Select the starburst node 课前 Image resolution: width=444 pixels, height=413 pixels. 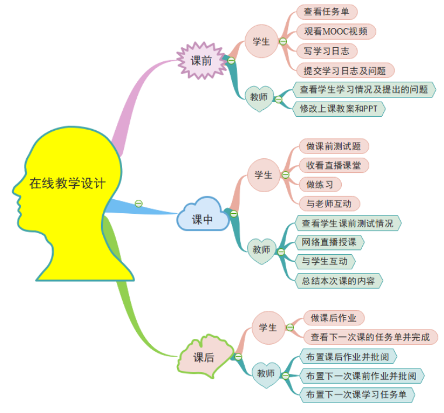pos(202,60)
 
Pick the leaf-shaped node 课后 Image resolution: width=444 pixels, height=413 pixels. pos(204,356)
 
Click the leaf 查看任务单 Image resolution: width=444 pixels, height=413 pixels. pos(327,12)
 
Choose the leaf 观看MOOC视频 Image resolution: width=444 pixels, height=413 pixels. pos(336,32)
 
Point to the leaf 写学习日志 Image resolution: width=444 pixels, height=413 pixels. pos(327,51)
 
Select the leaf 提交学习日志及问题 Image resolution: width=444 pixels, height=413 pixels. pos(345,71)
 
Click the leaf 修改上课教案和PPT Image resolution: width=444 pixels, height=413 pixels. pos(339,109)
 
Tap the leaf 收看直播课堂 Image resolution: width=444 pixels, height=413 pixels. pos(334,165)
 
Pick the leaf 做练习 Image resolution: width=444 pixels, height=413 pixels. pos(320,185)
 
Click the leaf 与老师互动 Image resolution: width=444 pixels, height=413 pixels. pos(329,204)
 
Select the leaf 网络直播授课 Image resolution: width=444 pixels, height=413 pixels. pos(329,242)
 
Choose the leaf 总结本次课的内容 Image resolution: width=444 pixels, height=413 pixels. pos(339,281)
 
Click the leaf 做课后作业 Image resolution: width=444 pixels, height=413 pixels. pos(334,318)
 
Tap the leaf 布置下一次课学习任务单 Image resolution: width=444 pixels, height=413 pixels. pos(357,395)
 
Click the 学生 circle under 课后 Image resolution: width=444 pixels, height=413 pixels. pos(268,328)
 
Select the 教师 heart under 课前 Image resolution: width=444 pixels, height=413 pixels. pos(259,98)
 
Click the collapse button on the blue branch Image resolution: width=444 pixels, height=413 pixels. pos(138,203)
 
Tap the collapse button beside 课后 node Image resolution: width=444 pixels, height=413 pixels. pos(238,357)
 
